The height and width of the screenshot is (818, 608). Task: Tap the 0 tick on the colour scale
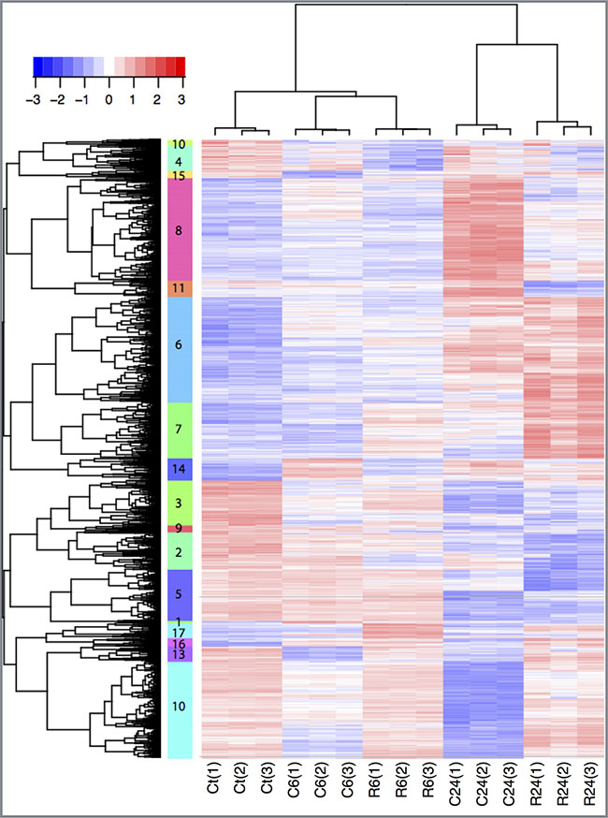(x=109, y=97)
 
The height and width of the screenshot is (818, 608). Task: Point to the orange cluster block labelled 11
(x=180, y=288)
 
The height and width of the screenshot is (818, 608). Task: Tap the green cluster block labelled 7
(x=180, y=430)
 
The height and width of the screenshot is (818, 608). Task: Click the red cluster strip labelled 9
(x=180, y=529)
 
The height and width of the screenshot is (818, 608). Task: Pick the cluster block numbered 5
(x=180, y=593)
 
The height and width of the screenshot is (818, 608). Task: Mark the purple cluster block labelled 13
(x=180, y=655)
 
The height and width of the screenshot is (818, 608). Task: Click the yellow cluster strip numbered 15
(x=180, y=175)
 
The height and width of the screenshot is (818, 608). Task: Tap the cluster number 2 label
(x=180, y=552)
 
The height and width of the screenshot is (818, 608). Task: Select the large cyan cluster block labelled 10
(x=180, y=704)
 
